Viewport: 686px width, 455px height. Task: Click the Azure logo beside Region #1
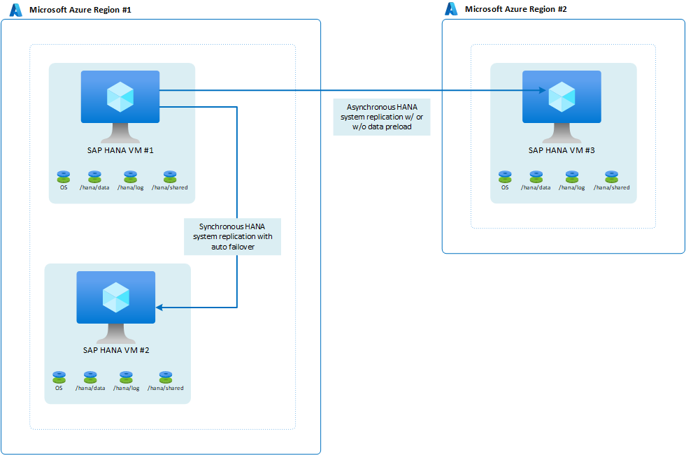pos(15,10)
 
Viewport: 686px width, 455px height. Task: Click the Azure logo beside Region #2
pos(451,9)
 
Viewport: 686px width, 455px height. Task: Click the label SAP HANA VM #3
pos(562,150)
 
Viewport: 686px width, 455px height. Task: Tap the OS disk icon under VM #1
pos(64,176)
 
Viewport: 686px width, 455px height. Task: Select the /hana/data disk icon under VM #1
pos(94,176)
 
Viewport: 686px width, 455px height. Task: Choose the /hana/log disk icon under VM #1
pos(130,176)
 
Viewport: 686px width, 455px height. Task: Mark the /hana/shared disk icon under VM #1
pos(169,176)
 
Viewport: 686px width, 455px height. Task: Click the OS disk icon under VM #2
pos(59,377)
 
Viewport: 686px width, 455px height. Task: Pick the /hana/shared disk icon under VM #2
pos(165,377)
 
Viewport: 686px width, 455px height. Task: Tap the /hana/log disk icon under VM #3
pos(571,176)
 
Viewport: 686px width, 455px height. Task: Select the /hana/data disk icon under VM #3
pos(536,176)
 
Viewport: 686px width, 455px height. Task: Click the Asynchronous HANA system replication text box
pos(382,117)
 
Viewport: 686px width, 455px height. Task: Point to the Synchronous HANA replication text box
pos(232,236)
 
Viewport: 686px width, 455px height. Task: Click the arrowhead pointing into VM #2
pos(159,307)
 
